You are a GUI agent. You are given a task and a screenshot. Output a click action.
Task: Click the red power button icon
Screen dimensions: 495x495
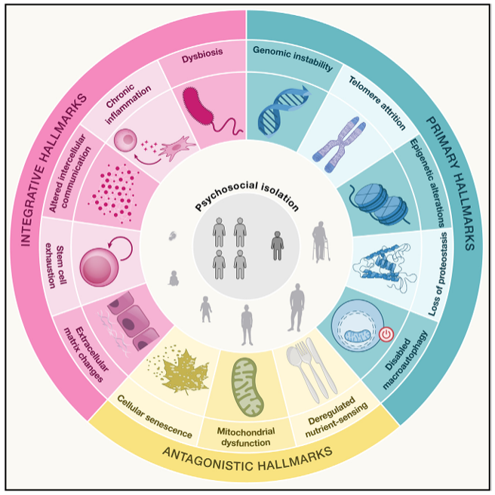[x=386, y=334]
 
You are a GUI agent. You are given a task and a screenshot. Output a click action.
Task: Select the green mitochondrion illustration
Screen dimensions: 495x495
[x=247, y=386]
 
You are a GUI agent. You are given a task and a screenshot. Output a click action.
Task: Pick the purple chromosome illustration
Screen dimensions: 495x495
[x=340, y=144]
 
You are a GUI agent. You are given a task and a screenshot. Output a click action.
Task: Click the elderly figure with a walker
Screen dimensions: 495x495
[x=321, y=241]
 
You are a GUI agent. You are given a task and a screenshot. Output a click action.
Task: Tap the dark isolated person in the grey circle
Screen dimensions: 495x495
[x=277, y=245]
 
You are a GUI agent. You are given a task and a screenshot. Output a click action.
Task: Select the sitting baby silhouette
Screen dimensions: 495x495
[x=173, y=278]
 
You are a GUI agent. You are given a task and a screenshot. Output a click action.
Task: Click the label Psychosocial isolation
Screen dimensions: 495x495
[x=247, y=195]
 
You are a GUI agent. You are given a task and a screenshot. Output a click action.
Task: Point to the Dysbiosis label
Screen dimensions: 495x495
[x=202, y=56]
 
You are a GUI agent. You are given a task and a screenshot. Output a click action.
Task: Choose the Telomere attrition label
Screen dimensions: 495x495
[x=377, y=103]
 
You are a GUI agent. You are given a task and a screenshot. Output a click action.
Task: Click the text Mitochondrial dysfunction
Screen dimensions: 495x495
[x=246, y=437]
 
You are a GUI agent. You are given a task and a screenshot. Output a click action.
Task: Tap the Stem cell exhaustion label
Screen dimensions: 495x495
[x=56, y=265]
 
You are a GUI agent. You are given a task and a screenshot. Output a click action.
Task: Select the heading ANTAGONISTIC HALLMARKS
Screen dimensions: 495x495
[x=247, y=459]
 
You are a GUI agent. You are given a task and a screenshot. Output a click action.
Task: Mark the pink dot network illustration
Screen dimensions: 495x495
[x=114, y=192]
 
